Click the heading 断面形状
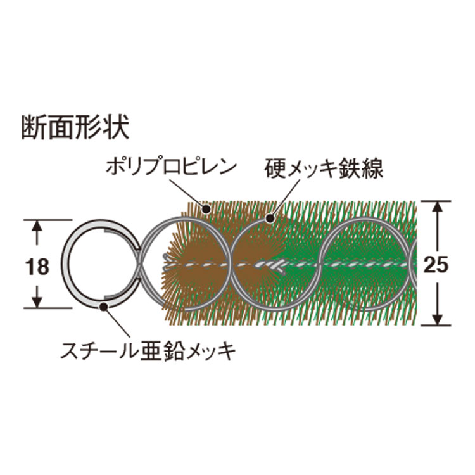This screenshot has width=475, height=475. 75,126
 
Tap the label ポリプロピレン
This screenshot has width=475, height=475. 171,167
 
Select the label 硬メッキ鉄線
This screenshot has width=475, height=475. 324,168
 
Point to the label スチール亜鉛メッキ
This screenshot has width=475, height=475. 148,351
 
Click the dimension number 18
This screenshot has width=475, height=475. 37,267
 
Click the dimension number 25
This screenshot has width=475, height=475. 436,265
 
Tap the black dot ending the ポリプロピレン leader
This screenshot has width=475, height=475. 207,209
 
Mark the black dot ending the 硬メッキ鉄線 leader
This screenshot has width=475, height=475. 270,218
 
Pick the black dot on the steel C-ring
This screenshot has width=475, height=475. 104,306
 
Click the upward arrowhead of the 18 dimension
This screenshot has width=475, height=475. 37,226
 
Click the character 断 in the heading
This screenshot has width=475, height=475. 35,126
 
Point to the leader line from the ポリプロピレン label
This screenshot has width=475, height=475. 187,193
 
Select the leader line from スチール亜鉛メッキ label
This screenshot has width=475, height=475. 118,322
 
